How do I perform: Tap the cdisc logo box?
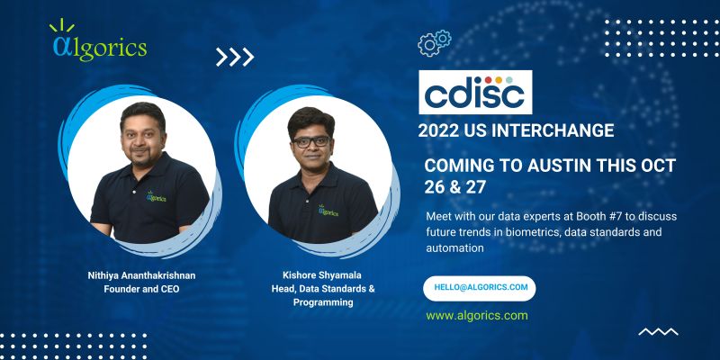click(475, 92)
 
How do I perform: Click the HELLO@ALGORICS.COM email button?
click(480, 288)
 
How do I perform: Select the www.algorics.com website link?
click(477, 316)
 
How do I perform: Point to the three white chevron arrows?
click(235, 57)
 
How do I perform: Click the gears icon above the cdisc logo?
click(435, 42)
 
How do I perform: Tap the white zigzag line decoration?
click(658, 331)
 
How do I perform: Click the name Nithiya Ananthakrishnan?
click(141, 275)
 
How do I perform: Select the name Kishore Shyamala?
click(322, 275)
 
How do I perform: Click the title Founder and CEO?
click(141, 289)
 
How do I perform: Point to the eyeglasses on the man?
click(311, 141)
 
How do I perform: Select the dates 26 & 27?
click(454, 186)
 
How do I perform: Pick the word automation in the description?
click(454, 248)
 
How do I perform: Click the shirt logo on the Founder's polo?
click(156, 196)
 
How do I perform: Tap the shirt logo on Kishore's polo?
click(328, 211)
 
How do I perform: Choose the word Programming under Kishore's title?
click(323, 302)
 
